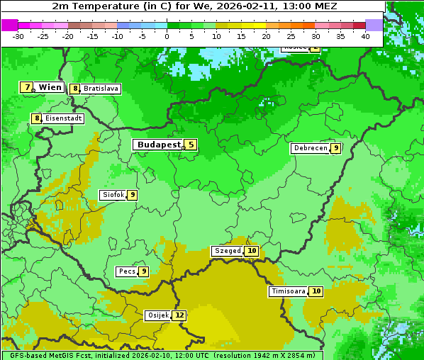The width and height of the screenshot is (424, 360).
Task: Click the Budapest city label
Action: click(x=159, y=145)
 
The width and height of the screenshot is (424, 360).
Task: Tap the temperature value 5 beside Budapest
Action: click(x=191, y=145)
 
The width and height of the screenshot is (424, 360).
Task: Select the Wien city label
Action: click(x=50, y=87)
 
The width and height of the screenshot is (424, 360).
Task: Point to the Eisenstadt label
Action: click(x=64, y=118)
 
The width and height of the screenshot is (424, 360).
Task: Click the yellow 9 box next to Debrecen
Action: click(x=336, y=148)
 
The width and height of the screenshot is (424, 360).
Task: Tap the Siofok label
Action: click(x=113, y=195)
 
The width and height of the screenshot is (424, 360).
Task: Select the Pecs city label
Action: click(x=127, y=271)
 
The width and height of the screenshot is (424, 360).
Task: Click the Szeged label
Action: click(x=228, y=251)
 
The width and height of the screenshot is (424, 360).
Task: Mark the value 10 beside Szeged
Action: click(x=252, y=251)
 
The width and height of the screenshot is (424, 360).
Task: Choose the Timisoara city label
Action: click(x=289, y=291)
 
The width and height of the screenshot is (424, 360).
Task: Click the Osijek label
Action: click(x=157, y=315)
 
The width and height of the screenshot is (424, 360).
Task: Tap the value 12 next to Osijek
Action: click(x=179, y=315)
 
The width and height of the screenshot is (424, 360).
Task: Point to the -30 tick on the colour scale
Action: click(x=18, y=36)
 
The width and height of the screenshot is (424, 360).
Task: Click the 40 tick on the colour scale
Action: click(x=365, y=36)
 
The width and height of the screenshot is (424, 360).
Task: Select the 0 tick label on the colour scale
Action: click(x=167, y=36)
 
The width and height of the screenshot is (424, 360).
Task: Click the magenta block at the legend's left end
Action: click(x=9, y=25)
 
